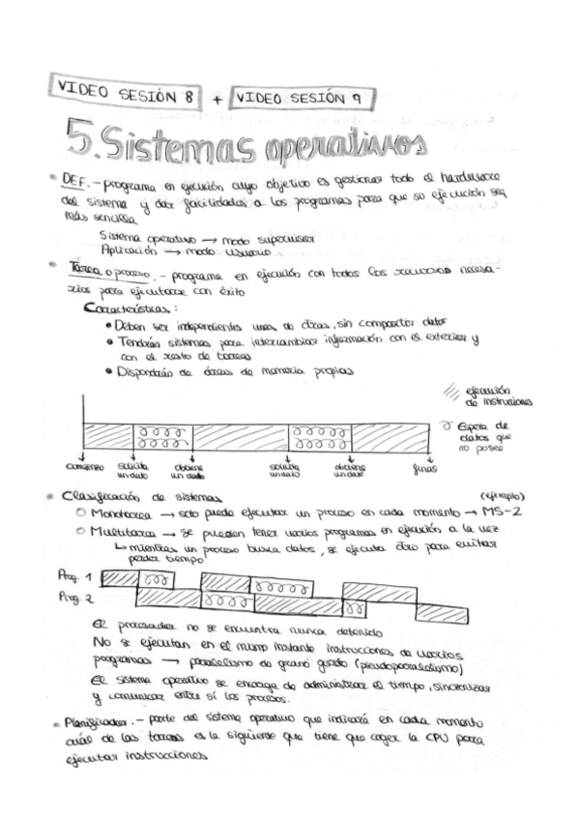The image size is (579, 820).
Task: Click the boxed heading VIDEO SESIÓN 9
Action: pyautogui.click(x=303, y=98)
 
